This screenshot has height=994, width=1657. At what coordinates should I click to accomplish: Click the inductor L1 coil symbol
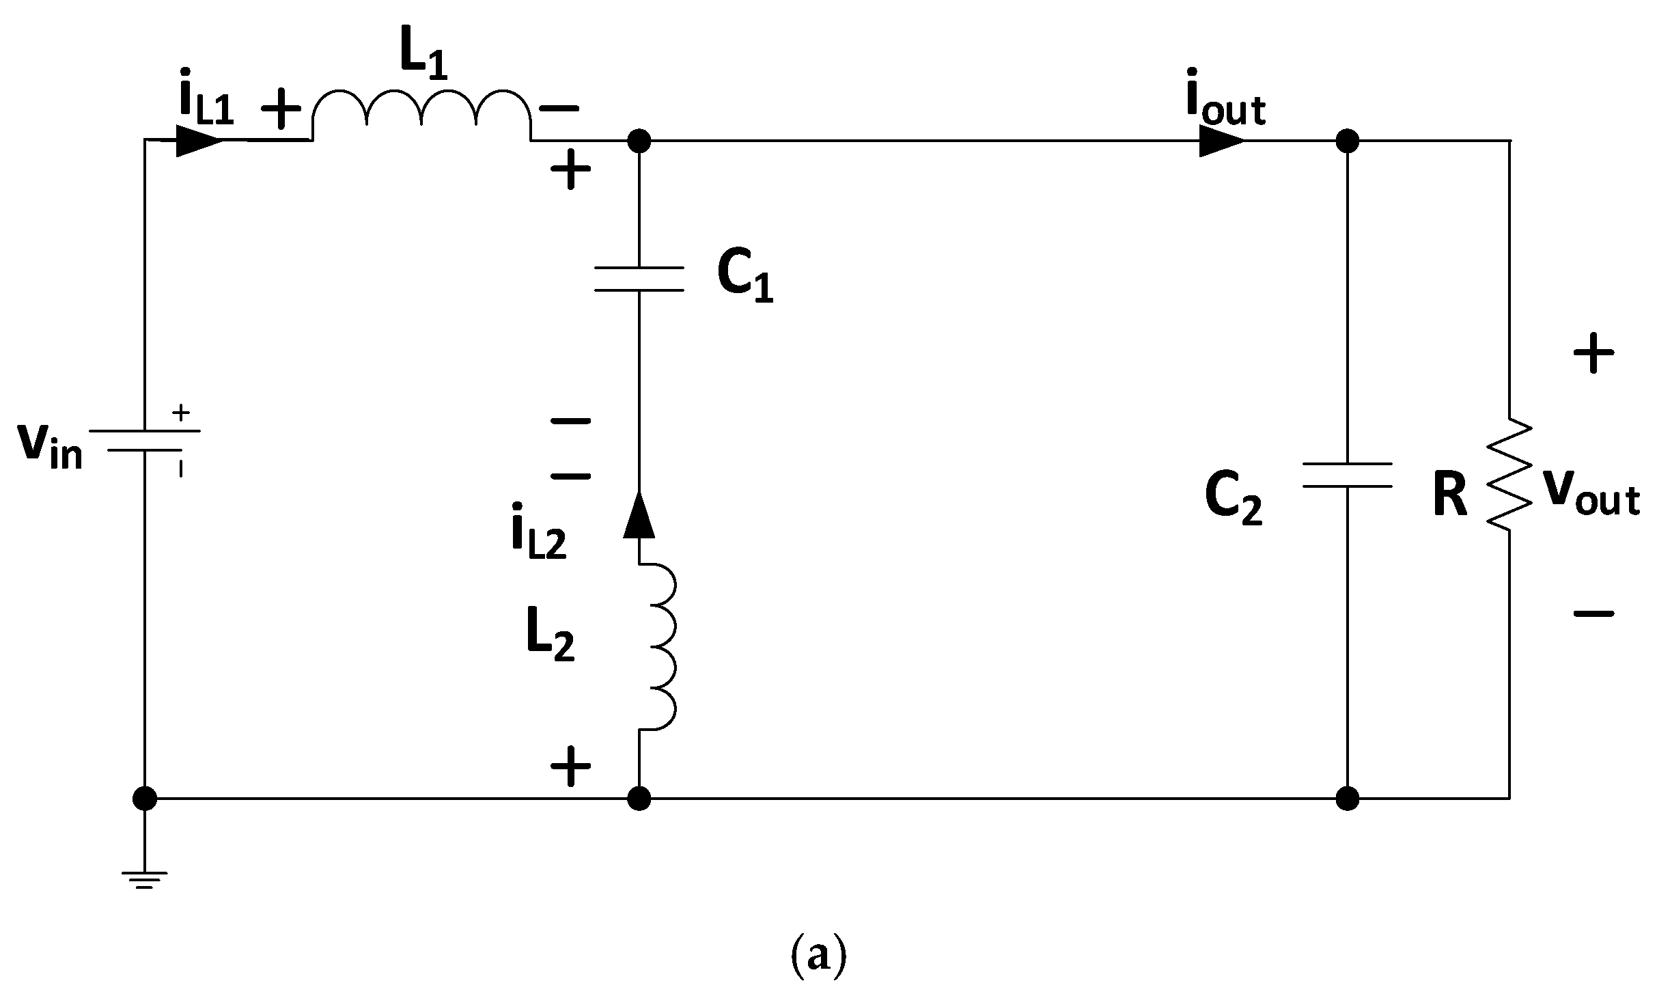click(421, 116)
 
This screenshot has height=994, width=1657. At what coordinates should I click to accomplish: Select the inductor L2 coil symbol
click(657, 647)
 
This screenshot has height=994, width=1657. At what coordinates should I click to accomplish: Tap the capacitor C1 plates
click(639, 279)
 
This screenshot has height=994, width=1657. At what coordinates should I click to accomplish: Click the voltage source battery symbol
click(145, 441)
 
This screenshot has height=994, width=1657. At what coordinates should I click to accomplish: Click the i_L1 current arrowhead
click(198, 141)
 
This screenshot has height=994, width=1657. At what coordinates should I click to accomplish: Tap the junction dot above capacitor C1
click(639, 141)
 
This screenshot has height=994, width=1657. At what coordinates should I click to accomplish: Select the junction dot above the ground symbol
click(145, 797)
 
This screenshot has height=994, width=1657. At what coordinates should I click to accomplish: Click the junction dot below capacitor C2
click(1347, 797)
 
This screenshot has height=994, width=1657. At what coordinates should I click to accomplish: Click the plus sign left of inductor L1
click(278, 109)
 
